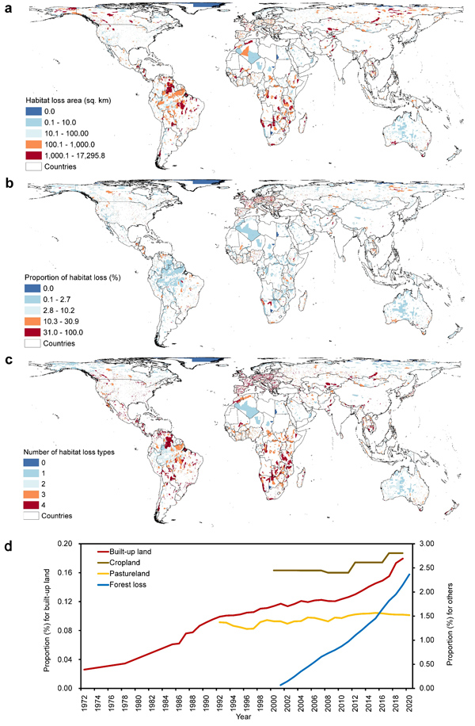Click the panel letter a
[x=6, y=7]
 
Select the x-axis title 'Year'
[x=247, y=717]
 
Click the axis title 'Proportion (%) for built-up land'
[x=49, y=615]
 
